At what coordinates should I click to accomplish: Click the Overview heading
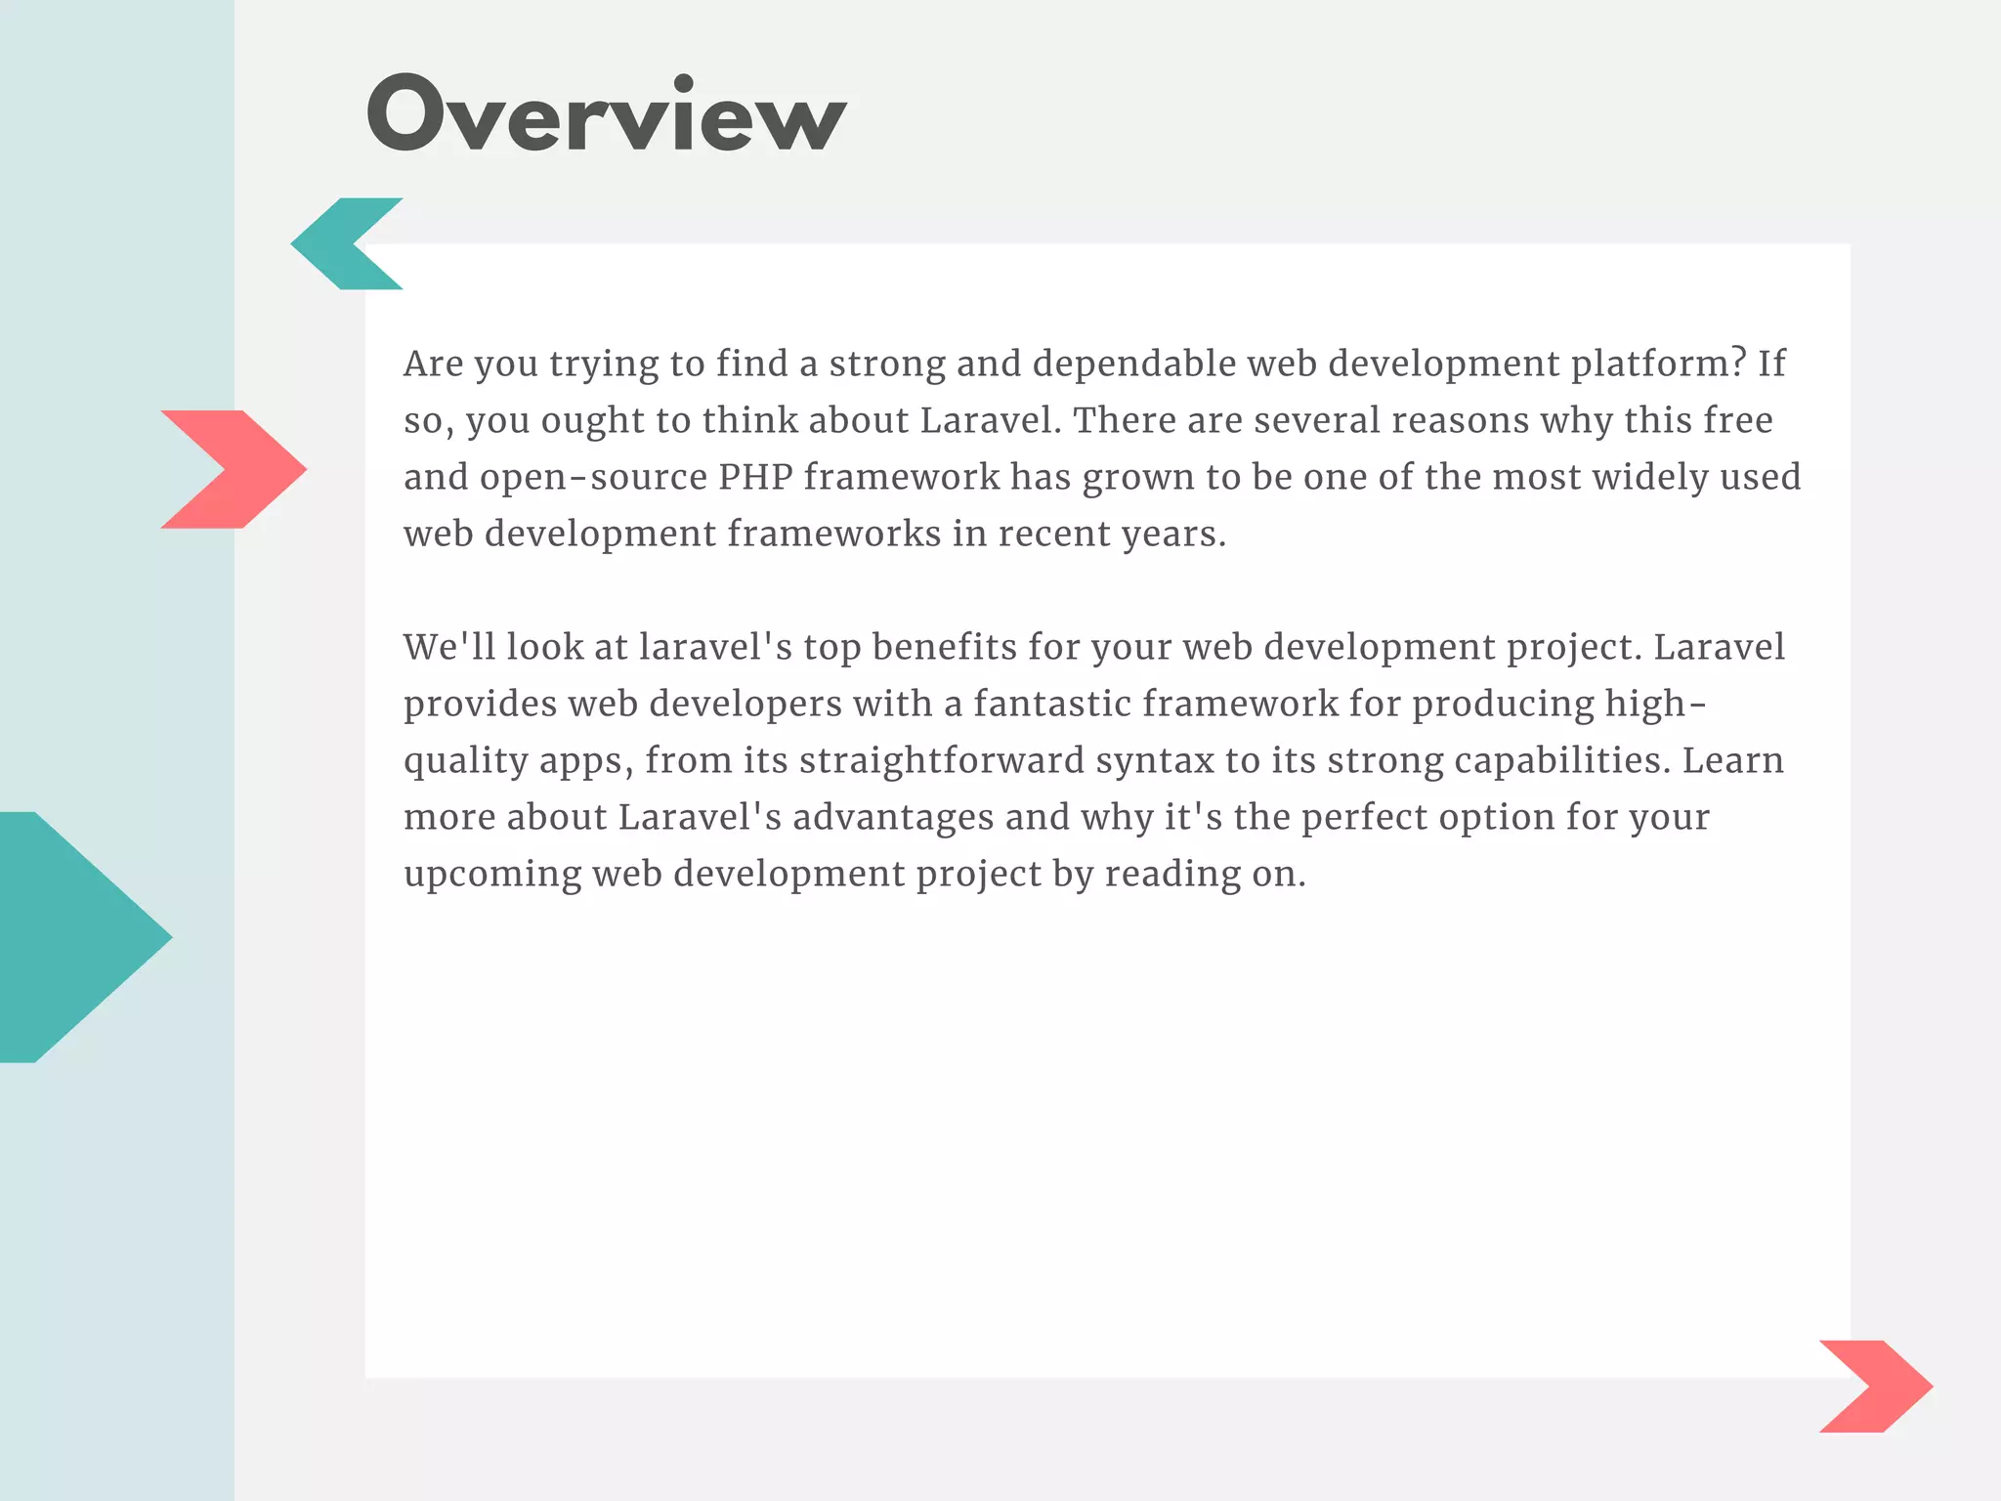click(x=606, y=115)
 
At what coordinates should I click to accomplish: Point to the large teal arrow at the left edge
click(x=78, y=936)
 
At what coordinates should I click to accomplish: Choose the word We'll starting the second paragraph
click(x=449, y=647)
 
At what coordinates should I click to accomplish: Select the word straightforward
click(x=942, y=760)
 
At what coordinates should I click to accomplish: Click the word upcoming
click(x=492, y=874)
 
